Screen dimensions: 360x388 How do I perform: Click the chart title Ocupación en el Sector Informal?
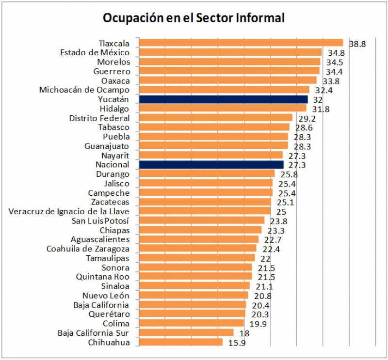pos(194,18)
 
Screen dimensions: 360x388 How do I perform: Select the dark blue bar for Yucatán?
pos(223,99)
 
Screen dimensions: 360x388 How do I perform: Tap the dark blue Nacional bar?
pos(211,165)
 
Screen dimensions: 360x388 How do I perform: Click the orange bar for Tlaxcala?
pos(241,43)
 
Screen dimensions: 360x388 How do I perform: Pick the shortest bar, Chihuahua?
pos(180,343)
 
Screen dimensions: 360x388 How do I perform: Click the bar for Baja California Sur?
pos(186,333)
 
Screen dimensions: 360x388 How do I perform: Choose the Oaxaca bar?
pos(227,80)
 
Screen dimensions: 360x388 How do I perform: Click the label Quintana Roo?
pos(102,277)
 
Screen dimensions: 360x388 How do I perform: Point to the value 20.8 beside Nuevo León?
pos(261,296)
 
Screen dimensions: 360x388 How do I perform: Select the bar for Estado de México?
pos(230,52)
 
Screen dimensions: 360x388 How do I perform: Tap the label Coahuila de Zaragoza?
pos(88,249)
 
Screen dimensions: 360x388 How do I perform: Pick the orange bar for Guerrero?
pos(229,71)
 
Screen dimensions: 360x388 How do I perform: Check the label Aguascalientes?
pos(100,239)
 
